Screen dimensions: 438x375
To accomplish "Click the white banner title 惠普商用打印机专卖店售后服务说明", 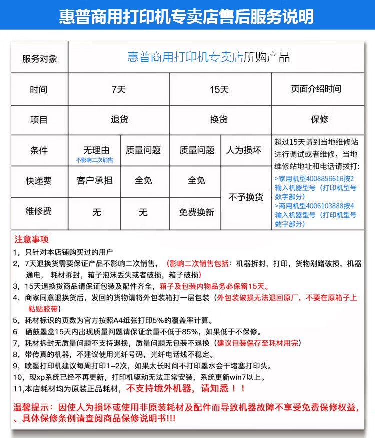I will [x=187, y=16].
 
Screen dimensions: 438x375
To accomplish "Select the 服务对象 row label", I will [x=39, y=58].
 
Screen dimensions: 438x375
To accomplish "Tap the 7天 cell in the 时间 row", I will [x=119, y=89].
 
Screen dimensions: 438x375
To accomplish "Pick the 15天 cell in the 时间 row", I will [x=219, y=89].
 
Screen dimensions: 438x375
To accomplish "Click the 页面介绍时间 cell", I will [x=316, y=89].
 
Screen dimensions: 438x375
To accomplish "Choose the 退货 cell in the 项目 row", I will [x=119, y=120].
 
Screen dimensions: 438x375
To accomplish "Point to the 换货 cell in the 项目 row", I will [x=219, y=120].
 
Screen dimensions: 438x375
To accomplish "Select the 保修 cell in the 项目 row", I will [x=319, y=120].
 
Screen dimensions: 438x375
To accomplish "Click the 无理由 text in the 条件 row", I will [x=96, y=150].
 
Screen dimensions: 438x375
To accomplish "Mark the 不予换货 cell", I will [x=245, y=197].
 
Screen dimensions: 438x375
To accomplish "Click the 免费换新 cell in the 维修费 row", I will [x=196, y=212].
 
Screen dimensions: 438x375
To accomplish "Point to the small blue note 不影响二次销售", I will [x=94, y=160].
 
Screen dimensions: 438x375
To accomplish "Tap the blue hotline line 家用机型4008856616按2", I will [x=314, y=178].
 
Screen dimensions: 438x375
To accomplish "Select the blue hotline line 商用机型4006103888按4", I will [x=314, y=206].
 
